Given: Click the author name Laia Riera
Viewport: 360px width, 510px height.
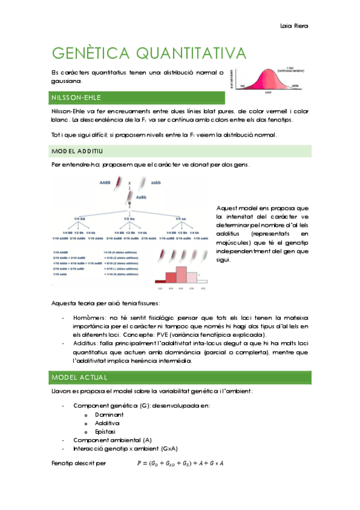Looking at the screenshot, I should pyautogui.click(x=294, y=26).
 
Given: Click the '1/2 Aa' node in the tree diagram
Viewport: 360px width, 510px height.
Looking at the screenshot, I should pyautogui.click(x=129, y=218).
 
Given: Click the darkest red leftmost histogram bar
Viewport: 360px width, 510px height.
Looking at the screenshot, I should pyautogui.click(x=160, y=280).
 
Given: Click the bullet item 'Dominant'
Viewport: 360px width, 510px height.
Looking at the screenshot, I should pyautogui.click(x=109, y=415).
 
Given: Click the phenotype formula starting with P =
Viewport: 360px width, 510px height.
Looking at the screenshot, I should pyautogui.click(x=180, y=463).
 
